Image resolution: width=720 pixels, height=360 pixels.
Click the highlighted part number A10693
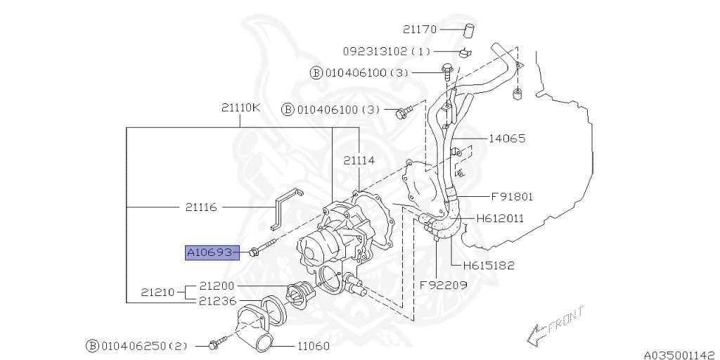(x=209, y=252)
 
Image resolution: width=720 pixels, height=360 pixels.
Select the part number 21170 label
(x=420, y=30)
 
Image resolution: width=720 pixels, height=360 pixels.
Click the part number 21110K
(x=240, y=108)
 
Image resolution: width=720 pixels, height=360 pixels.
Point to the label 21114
(x=359, y=160)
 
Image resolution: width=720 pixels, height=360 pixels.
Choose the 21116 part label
(x=201, y=207)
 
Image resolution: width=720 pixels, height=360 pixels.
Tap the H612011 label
(x=500, y=219)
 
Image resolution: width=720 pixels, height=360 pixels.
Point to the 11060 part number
(x=313, y=346)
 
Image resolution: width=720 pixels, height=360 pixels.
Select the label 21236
(x=217, y=300)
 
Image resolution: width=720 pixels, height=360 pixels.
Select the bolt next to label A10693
(x=262, y=249)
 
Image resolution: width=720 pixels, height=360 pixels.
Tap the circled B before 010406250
(x=92, y=346)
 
